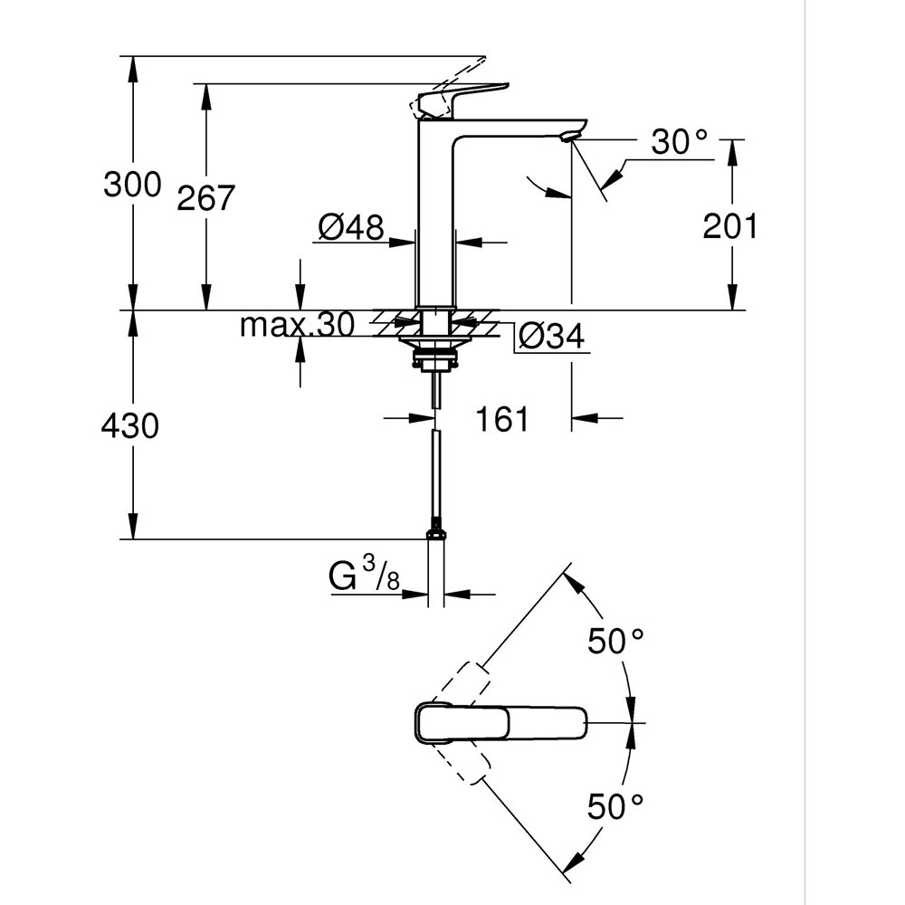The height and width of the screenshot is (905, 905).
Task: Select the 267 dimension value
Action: pyautogui.click(x=205, y=198)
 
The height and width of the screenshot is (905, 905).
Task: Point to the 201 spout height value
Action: pyautogui.click(x=729, y=226)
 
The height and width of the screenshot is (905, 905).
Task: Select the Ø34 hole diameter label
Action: pyautogui.click(x=550, y=337)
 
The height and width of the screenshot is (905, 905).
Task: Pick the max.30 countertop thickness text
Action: pyautogui.click(x=296, y=325)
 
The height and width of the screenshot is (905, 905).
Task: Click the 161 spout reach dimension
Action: pyautogui.click(x=504, y=419)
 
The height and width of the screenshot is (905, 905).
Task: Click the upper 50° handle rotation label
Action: pyautogui.click(x=615, y=642)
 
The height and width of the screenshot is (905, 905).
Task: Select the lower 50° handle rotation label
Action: pyautogui.click(x=615, y=805)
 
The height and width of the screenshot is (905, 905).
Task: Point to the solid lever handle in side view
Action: pyautogui.click(x=462, y=94)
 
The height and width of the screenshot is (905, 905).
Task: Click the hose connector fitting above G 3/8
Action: pyautogui.click(x=436, y=531)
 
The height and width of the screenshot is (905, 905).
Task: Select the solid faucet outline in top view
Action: pyautogui.click(x=502, y=722)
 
